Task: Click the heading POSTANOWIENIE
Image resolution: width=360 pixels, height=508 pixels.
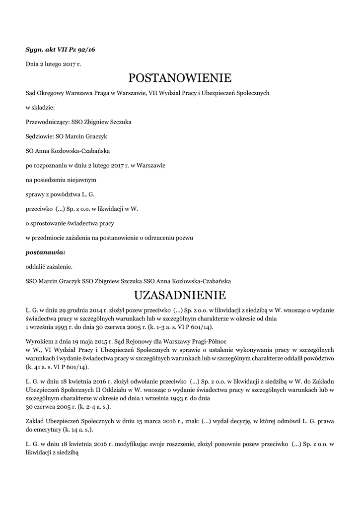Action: coord(180,78)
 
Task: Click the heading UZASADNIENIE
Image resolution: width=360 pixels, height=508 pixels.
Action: coord(180,295)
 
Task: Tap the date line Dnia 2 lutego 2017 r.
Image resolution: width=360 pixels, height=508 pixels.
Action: coord(53,64)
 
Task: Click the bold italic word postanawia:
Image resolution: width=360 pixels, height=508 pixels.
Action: coord(45,252)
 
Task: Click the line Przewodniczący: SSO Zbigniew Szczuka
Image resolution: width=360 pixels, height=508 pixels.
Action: coord(78,122)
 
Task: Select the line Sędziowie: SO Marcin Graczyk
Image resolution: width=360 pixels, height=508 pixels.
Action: coord(67,136)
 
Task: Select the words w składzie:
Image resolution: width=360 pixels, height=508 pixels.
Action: coord(40,107)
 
